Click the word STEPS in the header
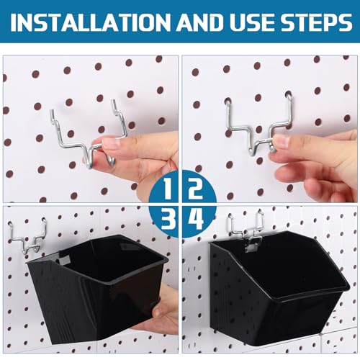tap(317, 22)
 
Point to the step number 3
tap(168, 219)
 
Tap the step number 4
tap(196, 219)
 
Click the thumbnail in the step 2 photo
tap(282, 141)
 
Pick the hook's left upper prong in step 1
tap(54, 117)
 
